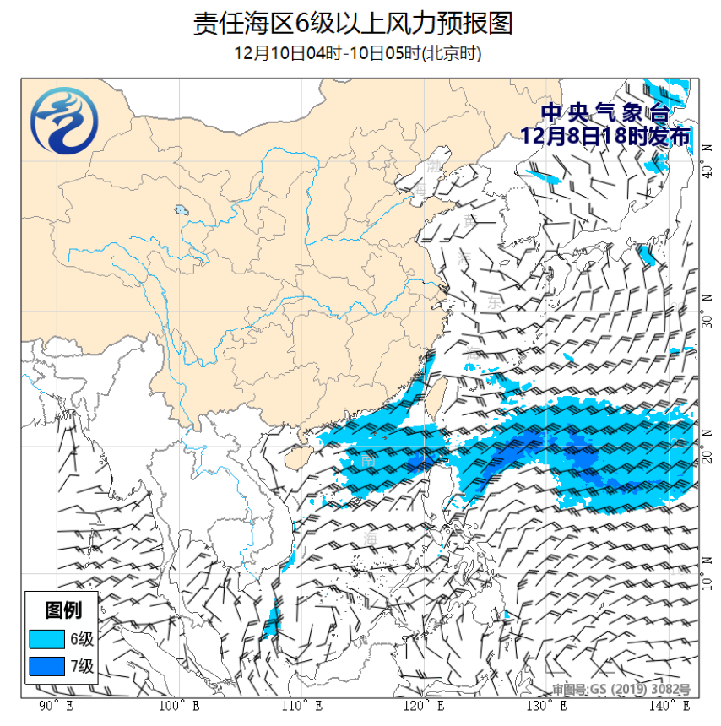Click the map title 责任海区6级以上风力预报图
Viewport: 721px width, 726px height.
point(353,23)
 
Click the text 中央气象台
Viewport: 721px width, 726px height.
point(604,112)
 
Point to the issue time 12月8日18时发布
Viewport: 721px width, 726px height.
point(604,136)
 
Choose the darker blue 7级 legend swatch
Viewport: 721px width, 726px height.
point(46,667)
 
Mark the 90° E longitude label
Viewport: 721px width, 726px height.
point(56,706)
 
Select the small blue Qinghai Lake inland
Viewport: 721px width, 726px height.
point(180,210)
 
